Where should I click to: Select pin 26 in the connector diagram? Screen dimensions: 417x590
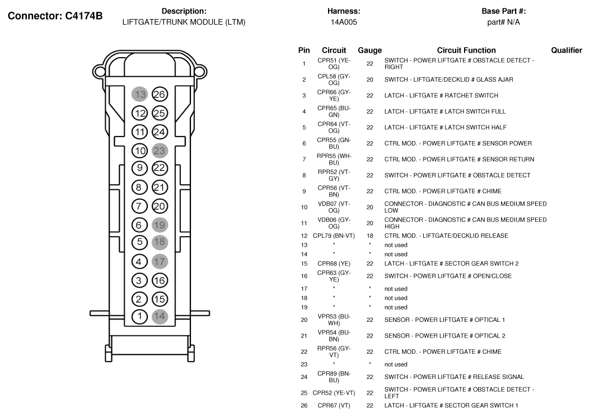coord(160,95)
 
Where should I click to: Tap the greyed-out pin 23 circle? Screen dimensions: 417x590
coord(160,150)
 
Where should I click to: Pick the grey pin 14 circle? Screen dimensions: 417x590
coord(160,316)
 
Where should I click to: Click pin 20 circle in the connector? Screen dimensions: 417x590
coord(160,205)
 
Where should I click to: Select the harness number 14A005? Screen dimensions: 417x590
coord(344,22)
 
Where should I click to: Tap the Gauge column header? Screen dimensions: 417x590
coord(369,50)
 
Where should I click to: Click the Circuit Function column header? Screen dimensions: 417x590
coord(466,50)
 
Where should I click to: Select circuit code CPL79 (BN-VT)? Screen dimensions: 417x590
coord(334,236)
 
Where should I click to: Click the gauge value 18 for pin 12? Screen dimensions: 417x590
coord(369,236)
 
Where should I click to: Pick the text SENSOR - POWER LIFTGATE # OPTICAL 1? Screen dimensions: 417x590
coord(444,320)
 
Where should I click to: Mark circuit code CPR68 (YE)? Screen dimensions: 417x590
coord(334,263)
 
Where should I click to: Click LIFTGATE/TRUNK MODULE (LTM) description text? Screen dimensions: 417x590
coord(184,22)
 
